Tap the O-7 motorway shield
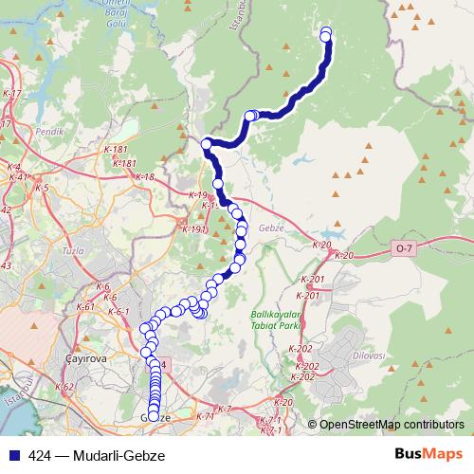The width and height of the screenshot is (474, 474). [405, 248]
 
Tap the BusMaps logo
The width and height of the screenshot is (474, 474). [430, 455]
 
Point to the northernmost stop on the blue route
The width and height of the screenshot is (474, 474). [326, 33]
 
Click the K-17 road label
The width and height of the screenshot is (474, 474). [11, 94]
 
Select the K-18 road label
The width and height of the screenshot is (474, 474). [144, 176]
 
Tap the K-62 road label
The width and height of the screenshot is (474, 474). [64, 387]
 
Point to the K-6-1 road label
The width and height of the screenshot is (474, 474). [118, 311]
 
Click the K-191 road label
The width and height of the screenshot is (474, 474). [193, 228]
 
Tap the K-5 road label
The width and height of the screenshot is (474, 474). [41, 188]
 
